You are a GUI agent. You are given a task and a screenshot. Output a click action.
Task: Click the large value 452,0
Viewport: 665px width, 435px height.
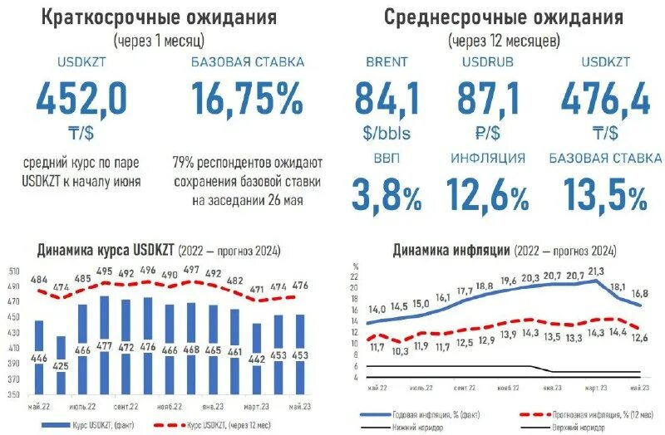[81, 100]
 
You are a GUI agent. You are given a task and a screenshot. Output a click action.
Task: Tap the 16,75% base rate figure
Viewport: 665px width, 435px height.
[247, 100]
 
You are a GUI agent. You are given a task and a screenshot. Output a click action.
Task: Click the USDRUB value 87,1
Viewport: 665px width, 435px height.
[488, 100]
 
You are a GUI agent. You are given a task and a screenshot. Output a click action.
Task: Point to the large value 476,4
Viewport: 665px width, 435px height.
[604, 100]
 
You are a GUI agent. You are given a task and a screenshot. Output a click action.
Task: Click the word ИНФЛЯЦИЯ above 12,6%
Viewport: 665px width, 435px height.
[488, 158]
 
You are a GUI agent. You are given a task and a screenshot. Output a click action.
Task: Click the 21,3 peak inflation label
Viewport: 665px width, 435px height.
[594, 271]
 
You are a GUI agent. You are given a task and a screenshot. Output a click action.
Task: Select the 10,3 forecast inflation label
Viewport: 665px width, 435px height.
[401, 351]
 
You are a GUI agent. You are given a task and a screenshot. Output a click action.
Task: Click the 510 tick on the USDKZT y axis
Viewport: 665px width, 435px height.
[14, 271]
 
